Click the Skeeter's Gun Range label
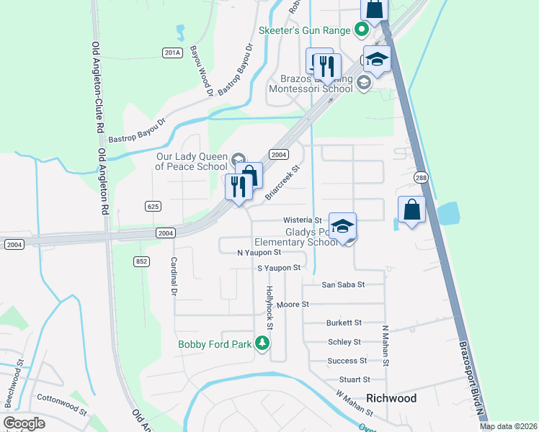[x=305, y=30]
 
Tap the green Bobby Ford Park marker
[x=262, y=343]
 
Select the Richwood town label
[x=391, y=398]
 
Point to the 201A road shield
[x=171, y=53]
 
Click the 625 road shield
[x=152, y=206]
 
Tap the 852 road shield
[x=141, y=261]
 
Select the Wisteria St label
[x=302, y=220]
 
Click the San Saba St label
[x=343, y=284]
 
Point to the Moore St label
[x=293, y=305]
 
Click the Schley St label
[x=344, y=342]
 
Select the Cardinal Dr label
[x=174, y=277]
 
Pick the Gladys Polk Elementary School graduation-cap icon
[x=343, y=227]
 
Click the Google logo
[x=24, y=423]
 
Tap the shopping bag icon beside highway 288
[x=411, y=210]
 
